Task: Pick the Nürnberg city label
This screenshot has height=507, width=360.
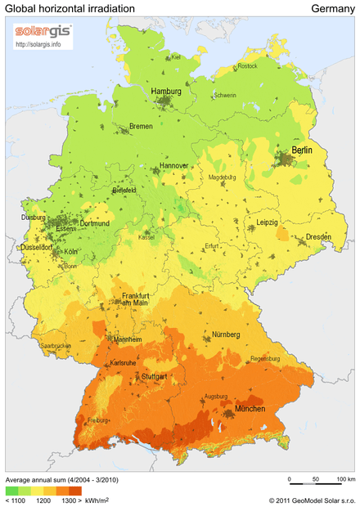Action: (x=223, y=334)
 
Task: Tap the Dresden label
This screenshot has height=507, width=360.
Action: (x=318, y=238)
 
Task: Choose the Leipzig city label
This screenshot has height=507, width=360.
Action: (x=267, y=222)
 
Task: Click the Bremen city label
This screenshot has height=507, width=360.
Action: (x=141, y=127)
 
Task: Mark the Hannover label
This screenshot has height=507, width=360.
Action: (x=173, y=165)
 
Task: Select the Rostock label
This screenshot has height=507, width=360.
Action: (x=246, y=65)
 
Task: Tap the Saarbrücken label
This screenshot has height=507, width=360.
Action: (x=56, y=346)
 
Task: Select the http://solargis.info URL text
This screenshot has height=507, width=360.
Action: (x=39, y=44)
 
